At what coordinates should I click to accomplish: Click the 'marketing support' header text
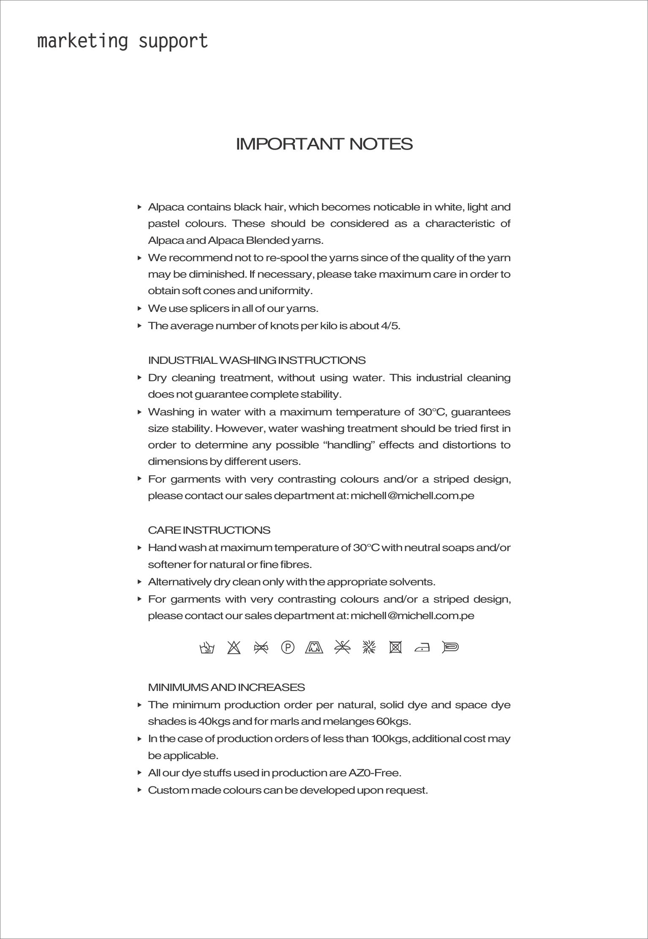coord(123,41)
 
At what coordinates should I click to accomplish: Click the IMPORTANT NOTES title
coord(324,144)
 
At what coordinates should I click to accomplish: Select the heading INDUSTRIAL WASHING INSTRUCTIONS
coord(257,360)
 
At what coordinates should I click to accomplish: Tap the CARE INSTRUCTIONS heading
coord(209,530)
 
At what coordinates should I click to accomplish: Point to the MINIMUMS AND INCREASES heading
coord(226,688)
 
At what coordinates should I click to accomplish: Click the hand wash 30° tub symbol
coord(207,648)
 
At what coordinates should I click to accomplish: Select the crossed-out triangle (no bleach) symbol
coord(234,647)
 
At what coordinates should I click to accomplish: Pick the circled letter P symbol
coord(287,647)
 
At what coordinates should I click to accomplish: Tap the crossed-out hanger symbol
coord(342,647)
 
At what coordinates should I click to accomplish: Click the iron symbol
coord(422,647)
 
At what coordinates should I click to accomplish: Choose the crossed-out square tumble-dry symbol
coord(395,647)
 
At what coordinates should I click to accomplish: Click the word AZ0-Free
coord(374,773)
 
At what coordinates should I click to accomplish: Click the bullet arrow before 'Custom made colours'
coord(139,790)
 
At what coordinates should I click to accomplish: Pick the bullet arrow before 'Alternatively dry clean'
coord(139,582)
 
